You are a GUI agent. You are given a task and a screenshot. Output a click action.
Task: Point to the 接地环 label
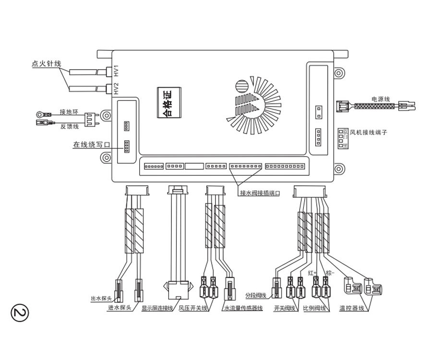pos(68,112)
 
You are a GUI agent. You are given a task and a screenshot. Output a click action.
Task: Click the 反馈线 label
pos(69,126)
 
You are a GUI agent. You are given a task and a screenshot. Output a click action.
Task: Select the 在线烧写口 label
pos(92,144)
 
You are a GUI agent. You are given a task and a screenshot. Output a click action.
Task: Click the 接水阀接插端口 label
pos(260,193)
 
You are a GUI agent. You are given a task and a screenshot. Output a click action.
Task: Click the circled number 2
pos(20,312)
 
